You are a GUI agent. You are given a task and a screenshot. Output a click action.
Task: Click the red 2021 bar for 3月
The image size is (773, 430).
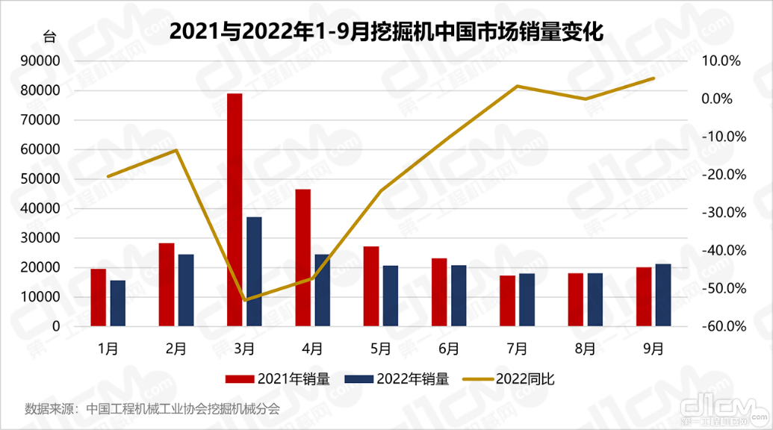tap(235, 210)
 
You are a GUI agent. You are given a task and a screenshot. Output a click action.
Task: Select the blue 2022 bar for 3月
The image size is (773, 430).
tap(254, 272)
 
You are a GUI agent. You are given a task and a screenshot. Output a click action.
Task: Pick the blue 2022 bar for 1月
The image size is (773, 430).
tap(118, 303)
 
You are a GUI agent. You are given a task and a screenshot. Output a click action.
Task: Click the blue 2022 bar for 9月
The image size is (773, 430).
tap(662, 295)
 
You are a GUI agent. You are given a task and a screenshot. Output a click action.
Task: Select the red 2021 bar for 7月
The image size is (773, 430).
tap(507, 301)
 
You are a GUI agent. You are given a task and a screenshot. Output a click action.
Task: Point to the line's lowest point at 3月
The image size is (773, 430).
tap(245, 300)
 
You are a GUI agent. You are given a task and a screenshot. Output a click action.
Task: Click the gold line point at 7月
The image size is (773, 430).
tap(517, 87)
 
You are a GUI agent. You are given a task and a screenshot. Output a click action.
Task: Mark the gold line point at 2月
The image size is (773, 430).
tap(176, 150)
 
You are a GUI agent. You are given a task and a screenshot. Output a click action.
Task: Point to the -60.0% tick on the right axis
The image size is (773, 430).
tap(721, 327)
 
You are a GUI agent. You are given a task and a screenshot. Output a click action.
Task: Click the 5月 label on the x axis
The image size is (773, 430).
tap(381, 348)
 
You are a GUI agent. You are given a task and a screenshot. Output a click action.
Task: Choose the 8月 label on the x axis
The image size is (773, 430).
tap(585, 348)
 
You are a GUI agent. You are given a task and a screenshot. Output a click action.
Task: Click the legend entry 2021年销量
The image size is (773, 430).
tap(284, 379)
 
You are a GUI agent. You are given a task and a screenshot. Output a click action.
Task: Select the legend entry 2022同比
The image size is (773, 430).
tap(509, 379)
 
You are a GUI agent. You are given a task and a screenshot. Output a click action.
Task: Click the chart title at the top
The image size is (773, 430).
tap(386, 31)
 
